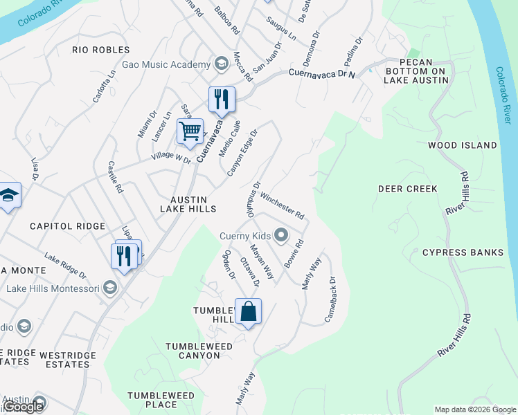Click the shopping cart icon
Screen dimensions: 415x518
tap(190, 130)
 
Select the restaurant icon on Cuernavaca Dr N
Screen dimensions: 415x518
tap(222, 99)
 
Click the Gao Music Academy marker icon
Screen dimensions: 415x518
tap(222, 64)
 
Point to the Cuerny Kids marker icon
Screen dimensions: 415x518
tap(281, 236)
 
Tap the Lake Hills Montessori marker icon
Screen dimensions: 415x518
tap(109, 287)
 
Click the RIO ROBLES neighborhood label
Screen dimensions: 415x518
tap(101, 50)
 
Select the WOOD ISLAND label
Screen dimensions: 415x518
tap(462, 145)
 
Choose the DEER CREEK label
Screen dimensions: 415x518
tap(407, 189)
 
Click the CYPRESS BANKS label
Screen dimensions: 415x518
tap(463, 252)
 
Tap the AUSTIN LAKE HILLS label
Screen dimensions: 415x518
tap(188, 203)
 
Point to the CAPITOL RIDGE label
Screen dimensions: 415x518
tap(67, 226)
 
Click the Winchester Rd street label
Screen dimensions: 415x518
tap(283, 205)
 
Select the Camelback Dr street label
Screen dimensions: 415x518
tap(331, 299)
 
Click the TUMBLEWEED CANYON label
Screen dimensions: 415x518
tap(193, 350)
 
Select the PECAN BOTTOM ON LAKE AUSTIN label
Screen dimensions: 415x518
tap(416, 71)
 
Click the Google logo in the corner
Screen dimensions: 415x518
tap(22, 407)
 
